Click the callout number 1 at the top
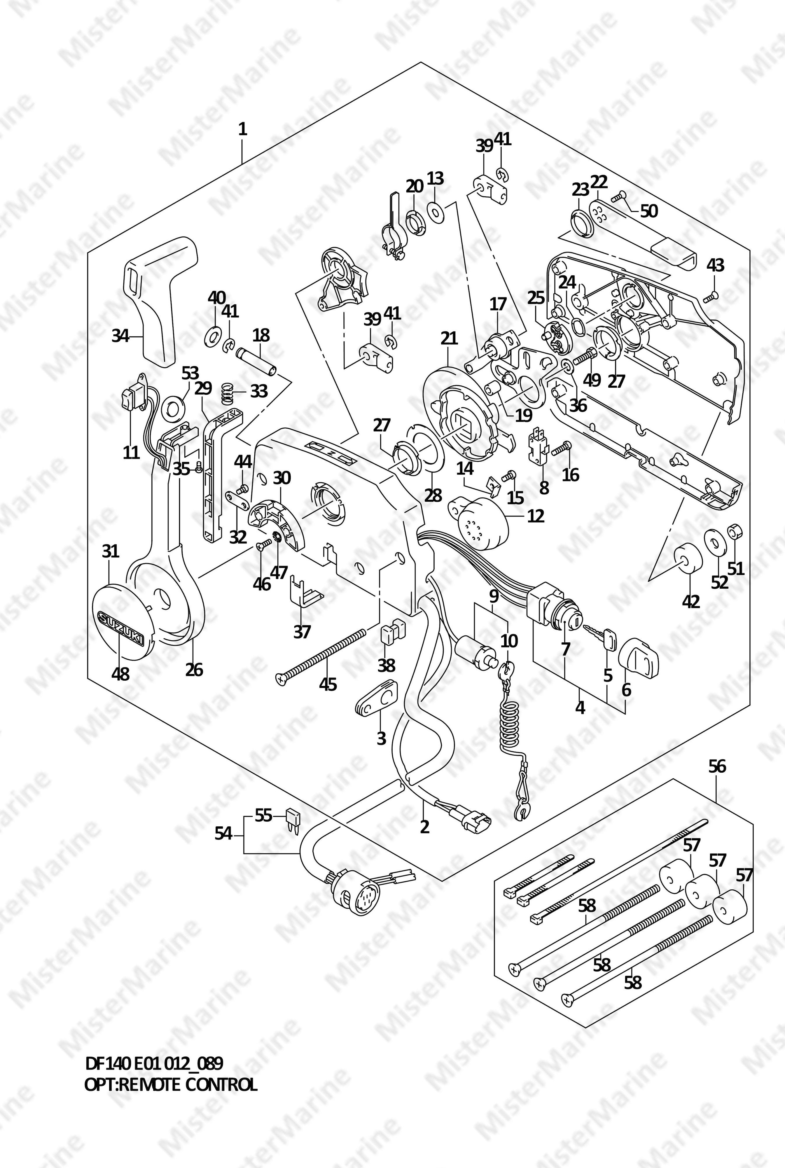point(243,129)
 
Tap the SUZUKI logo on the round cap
point(121,626)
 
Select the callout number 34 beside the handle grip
point(120,336)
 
